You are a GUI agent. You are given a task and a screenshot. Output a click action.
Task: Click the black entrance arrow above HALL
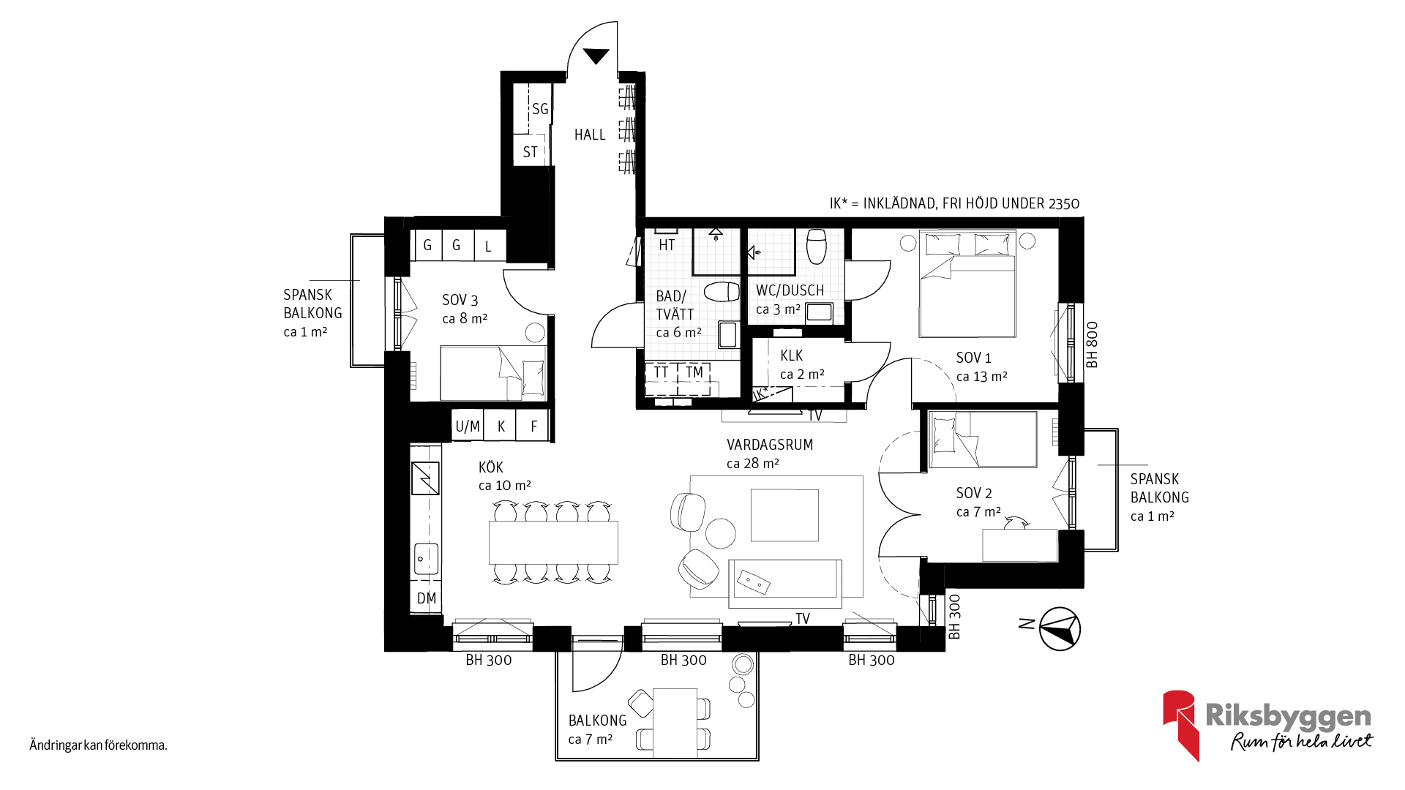(x=596, y=56)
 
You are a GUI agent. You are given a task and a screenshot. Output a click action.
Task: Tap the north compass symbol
(x=1060, y=628)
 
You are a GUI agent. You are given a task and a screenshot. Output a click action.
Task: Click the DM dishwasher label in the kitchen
(x=427, y=598)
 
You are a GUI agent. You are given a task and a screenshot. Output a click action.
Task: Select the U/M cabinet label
(x=468, y=426)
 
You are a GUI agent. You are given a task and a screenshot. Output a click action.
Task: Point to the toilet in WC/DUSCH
(x=817, y=247)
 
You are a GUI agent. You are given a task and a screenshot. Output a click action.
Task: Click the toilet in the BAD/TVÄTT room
(x=722, y=292)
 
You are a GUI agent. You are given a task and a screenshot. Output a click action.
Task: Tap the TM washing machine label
(x=694, y=372)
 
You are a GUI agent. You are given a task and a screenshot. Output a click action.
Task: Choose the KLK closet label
(x=792, y=355)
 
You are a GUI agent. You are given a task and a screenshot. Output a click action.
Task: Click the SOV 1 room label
(x=973, y=358)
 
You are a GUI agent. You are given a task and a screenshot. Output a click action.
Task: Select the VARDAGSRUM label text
(x=770, y=445)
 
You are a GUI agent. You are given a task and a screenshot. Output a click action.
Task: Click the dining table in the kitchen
(x=553, y=542)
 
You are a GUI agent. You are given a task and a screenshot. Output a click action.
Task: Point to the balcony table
(x=675, y=723)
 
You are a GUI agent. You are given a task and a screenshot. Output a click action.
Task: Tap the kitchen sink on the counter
(x=426, y=559)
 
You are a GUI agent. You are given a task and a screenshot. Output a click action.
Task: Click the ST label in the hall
(x=531, y=152)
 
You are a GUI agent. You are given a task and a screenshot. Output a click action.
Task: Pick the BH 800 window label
(x=1092, y=345)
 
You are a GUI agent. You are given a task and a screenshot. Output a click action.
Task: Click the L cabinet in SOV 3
(x=489, y=246)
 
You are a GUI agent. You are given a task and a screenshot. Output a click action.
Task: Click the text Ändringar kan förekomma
(x=99, y=745)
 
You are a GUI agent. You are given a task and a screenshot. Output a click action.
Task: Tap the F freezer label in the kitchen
(x=534, y=426)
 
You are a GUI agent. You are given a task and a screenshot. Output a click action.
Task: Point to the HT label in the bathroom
(x=667, y=245)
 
